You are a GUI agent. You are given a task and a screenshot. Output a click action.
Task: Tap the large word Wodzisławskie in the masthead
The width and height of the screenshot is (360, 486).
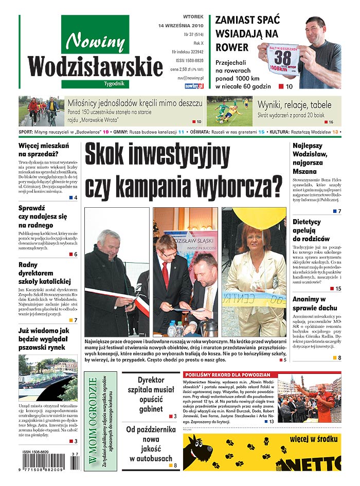88,67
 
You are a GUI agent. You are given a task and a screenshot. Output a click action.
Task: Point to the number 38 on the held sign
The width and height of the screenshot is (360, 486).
282,57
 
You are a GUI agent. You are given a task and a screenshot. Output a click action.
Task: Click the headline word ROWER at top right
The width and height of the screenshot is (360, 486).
229,47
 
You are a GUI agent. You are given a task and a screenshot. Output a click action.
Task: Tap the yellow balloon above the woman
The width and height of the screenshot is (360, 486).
258,217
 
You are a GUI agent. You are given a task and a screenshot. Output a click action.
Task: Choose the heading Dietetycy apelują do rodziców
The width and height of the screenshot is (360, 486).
311,230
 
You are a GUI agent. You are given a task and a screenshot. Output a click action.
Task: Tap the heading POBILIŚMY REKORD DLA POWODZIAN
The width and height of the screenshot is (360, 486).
224,375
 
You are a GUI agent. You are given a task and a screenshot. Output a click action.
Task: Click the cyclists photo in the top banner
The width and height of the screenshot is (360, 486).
42,111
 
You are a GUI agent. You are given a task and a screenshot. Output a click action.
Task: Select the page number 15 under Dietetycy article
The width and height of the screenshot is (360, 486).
338,289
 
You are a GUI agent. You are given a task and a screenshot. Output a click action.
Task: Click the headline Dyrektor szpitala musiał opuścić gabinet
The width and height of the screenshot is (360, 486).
151,394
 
